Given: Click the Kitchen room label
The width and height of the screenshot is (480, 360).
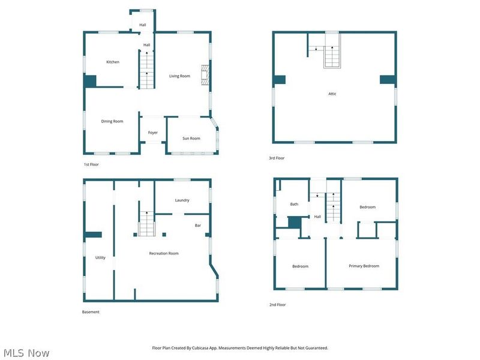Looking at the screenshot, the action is (x=113, y=62).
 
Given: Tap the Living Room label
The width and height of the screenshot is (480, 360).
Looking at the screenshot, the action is (x=179, y=76).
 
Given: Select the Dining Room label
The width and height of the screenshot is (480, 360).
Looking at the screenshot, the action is (x=112, y=121).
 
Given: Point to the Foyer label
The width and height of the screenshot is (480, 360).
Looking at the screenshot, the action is (x=153, y=133).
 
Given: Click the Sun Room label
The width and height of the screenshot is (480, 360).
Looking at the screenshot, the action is (x=191, y=139).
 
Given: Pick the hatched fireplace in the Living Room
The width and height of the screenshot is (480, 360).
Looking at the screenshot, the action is (x=205, y=75).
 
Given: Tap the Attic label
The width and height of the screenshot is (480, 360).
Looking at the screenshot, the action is (x=332, y=94).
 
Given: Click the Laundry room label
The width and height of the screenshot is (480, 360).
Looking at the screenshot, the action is (x=182, y=200).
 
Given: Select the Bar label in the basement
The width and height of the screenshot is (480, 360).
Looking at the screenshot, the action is (x=198, y=226).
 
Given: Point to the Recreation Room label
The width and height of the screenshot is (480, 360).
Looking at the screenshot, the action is (x=164, y=253).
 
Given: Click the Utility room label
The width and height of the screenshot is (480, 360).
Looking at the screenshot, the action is (x=100, y=257).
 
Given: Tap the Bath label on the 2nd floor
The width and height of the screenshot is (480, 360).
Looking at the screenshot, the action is (x=294, y=204).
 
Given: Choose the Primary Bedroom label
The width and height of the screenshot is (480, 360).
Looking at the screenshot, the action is (x=364, y=266).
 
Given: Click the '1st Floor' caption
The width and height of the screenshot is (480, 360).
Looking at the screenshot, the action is (x=91, y=164).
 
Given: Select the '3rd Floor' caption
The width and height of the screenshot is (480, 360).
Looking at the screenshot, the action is (x=277, y=158).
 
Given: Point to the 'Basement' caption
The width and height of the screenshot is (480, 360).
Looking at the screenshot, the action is (x=91, y=312).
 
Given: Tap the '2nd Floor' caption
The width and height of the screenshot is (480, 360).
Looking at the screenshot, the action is (x=277, y=305).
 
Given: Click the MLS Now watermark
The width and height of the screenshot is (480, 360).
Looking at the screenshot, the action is (x=26, y=353).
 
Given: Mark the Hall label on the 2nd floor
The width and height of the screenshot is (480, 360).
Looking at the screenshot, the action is (x=317, y=217).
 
